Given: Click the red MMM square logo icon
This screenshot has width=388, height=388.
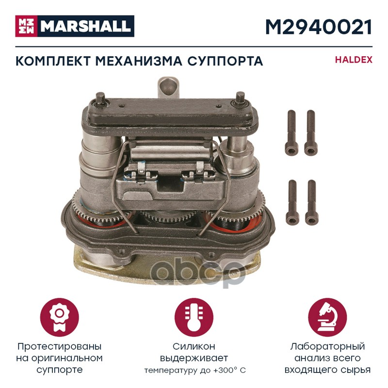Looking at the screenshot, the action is [x=26, y=26].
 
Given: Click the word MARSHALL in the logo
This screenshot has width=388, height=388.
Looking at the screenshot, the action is [x=85, y=26].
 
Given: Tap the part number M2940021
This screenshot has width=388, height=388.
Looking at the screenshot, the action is [x=319, y=27].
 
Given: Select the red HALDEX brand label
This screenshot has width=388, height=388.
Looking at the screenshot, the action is [x=354, y=60].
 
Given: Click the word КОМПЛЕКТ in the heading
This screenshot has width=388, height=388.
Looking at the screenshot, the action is [x=53, y=61].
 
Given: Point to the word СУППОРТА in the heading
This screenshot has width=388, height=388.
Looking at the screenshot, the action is [x=225, y=61].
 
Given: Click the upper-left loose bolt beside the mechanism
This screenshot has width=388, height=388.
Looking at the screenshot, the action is [x=291, y=132].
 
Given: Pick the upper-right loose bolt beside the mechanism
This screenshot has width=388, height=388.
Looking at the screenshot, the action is [x=311, y=132].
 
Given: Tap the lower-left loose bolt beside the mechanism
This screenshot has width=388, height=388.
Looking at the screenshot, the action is [x=292, y=202].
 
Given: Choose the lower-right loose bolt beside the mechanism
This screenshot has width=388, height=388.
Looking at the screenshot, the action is [x=312, y=202].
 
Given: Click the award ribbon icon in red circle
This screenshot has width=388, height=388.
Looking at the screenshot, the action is [x=59, y=317].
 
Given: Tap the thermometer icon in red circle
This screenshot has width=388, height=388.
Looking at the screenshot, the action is [x=194, y=317].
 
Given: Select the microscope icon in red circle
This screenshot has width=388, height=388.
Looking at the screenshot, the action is [x=327, y=317].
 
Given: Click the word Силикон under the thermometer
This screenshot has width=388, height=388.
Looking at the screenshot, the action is [x=194, y=346].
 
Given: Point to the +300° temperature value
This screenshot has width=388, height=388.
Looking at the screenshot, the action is [x=222, y=371].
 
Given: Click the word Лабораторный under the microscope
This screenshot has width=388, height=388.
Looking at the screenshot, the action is [x=327, y=347].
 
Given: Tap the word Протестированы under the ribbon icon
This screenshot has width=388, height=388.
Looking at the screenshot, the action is [x=59, y=347].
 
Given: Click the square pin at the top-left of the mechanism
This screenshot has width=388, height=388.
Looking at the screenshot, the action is [x=101, y=98].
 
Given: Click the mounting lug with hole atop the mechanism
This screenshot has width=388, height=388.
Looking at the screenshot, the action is [x=168, y=88].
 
